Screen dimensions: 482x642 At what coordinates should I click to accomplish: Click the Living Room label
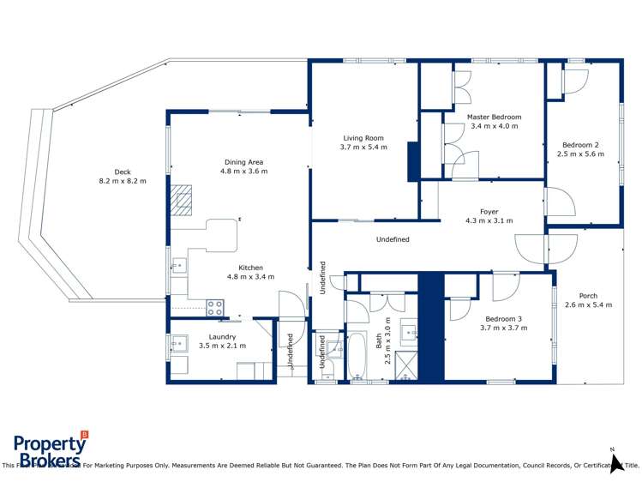tap(363, 137)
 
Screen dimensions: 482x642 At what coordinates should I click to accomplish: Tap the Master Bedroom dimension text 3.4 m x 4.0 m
tap(495, 127)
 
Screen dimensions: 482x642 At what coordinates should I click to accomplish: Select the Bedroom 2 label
tap(580, 145)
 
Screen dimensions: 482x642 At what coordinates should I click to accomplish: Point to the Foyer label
tap(489, 211)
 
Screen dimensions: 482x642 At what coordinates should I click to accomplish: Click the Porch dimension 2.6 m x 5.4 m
tap(588, 305)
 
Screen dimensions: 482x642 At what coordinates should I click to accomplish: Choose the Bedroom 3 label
tap(501, 318)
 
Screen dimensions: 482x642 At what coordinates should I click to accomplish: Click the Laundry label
tap(222, 337)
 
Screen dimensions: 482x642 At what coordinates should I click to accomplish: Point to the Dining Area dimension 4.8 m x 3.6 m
tap(243, 172)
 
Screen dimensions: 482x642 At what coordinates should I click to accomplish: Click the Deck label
tap(123, 172)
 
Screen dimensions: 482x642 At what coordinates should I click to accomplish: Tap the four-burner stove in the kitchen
tap(215, 306)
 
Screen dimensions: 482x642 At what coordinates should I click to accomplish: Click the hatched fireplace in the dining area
tap(182, 199)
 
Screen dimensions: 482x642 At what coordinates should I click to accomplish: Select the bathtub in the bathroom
tap(357, 356)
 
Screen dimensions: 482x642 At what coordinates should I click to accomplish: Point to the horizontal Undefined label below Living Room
tap(393, 239)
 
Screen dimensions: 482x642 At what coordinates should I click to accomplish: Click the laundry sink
tap(179, 345)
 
